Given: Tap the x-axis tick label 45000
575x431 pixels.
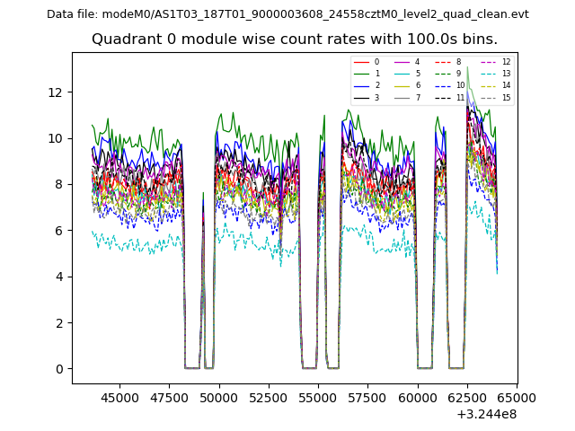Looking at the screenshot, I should [119, 397].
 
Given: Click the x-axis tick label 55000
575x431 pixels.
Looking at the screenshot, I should [318, 397].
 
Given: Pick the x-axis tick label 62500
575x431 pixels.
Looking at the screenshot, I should [467, 397].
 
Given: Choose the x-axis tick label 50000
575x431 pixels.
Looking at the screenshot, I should [219, 397].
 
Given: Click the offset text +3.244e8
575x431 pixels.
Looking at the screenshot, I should [486, 414].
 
